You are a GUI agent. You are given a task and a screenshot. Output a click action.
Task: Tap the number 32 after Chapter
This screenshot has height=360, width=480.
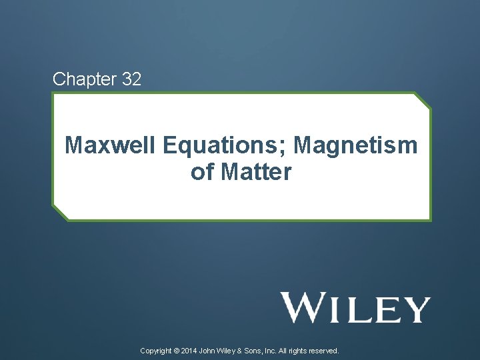[131, 79]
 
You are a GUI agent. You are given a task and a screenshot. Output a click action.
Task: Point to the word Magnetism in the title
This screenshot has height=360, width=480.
[355, 145]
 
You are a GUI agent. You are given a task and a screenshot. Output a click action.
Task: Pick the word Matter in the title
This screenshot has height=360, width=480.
[256, 173]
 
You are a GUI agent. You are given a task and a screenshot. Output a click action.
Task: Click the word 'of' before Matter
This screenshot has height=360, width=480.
[202, 173]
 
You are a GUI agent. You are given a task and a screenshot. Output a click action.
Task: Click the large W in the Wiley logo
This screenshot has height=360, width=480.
[303, 307]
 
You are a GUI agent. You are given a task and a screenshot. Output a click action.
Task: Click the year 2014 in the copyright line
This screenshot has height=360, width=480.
[189, 350]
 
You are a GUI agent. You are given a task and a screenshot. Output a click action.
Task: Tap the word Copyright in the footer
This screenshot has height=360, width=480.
[156, 350]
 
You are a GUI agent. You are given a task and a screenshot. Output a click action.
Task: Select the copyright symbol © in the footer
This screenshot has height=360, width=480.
[176, 350]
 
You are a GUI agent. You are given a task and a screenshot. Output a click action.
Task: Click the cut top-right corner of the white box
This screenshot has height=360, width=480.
[422, 100]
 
